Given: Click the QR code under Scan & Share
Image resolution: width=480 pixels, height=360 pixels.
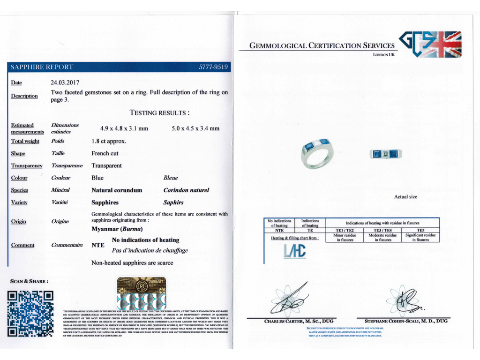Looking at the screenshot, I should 30,314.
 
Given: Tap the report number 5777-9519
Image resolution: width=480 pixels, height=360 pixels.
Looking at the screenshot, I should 213,67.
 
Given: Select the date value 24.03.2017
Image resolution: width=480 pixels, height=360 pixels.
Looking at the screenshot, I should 65,83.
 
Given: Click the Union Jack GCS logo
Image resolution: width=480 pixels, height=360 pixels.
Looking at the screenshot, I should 430,44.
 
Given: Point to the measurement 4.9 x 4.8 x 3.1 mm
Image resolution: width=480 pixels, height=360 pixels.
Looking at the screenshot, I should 124,128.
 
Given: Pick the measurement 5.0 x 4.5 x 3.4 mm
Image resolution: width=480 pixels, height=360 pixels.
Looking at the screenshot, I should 195,128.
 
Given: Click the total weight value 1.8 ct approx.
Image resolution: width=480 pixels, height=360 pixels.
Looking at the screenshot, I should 109,141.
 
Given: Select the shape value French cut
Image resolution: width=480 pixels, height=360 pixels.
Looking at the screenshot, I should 105,153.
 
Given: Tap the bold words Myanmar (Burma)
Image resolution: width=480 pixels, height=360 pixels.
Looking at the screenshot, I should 117,229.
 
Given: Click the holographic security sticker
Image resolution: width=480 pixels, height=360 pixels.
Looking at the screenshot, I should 141,293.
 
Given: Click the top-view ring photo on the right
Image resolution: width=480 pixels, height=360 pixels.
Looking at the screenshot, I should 386,154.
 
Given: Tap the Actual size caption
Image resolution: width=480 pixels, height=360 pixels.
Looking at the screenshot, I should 405,197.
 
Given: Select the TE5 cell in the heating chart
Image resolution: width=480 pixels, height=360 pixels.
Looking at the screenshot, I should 420,230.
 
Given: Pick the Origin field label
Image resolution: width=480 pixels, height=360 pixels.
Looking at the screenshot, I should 19,222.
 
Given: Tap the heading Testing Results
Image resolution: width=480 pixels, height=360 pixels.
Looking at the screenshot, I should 159,113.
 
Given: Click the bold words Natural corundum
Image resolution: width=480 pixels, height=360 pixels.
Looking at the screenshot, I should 117,190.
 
